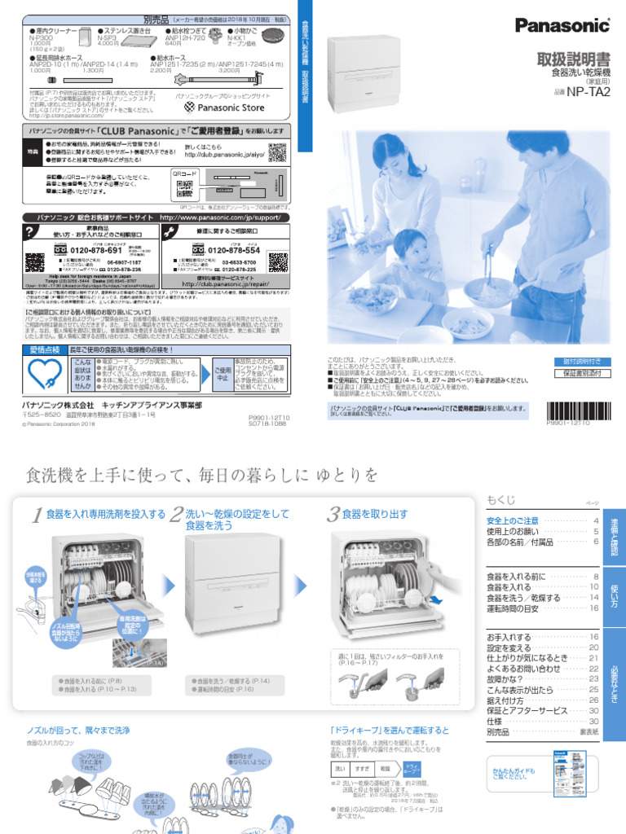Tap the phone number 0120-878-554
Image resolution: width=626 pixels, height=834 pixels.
233,250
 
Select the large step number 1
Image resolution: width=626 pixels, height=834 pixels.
37,515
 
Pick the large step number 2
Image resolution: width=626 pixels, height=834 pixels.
176,515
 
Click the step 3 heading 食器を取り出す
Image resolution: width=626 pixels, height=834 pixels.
375,515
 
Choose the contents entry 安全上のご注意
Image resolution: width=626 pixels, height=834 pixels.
512,520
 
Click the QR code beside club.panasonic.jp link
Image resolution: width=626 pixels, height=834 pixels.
277,151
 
